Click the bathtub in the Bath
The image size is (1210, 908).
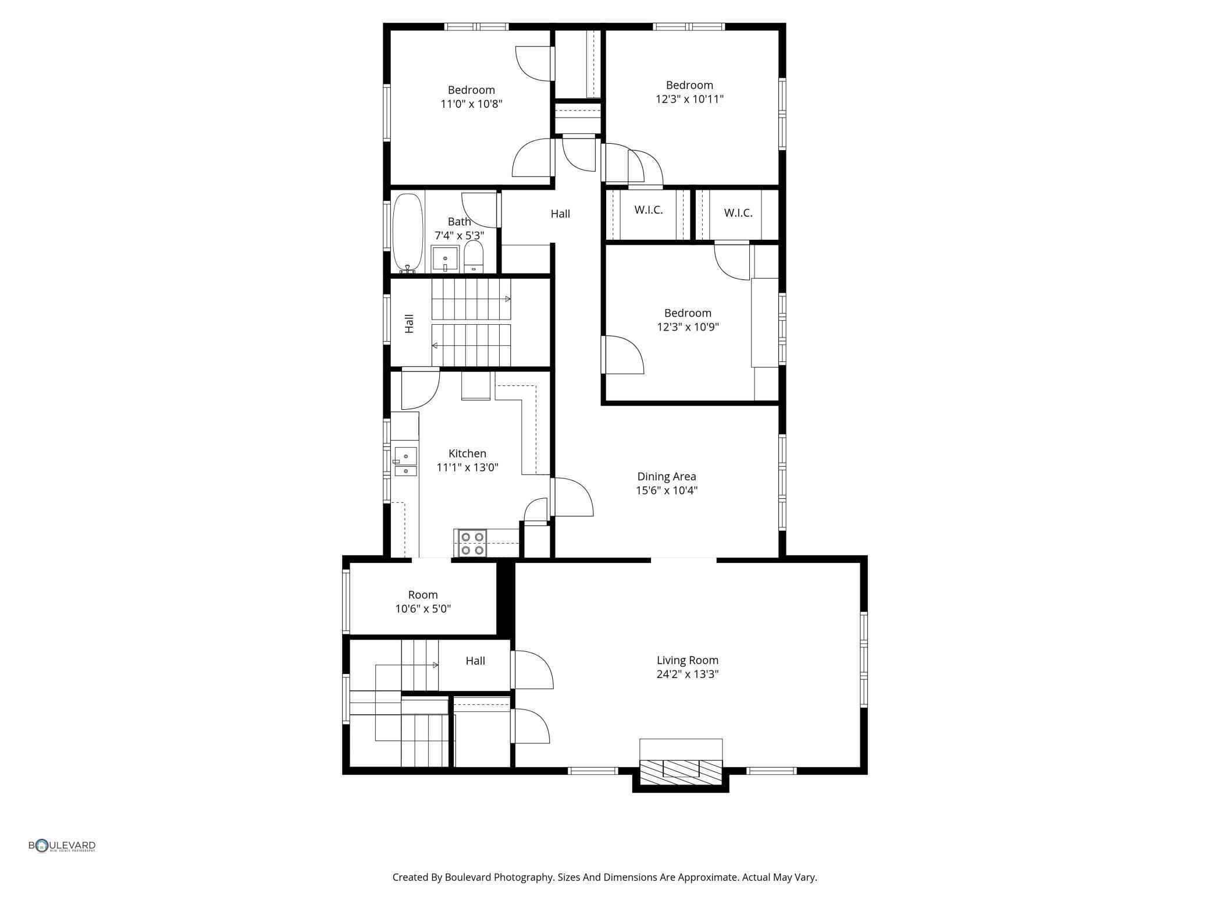(x=407, y=232)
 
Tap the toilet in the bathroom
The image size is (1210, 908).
(x=474, y=257)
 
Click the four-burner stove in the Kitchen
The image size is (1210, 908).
(x=471, y=543)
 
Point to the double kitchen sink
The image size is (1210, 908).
(x=405, y=462)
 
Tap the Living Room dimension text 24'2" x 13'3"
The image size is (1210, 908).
(x=688, y=675)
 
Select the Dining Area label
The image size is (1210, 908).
(x=666, y=476)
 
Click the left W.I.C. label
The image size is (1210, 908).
(x=648, y=210)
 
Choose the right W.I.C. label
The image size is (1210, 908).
(x=738, y=213)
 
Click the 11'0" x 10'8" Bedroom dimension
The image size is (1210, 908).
(x=471, y=104)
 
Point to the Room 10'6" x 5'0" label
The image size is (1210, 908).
(x=423, y=602)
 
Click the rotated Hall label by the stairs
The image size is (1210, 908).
(x=409, y=324)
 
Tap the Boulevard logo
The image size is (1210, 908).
(x=62, y=846)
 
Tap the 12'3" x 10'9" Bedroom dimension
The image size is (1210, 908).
(x=688, y=327)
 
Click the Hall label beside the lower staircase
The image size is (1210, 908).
(x=475, y=661)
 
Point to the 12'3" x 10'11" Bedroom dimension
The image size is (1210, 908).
(x=689, y=99)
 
